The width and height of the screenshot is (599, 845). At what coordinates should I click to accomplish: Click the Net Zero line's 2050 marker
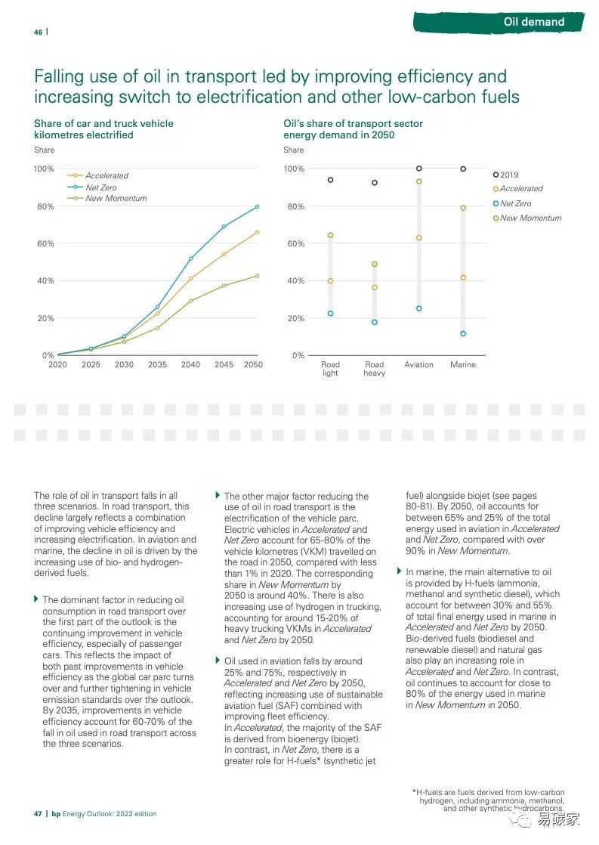click(257, 206)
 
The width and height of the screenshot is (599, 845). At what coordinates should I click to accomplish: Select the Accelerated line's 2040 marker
click(190, 278)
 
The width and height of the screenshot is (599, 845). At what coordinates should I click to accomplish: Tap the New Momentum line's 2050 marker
click(257, 276)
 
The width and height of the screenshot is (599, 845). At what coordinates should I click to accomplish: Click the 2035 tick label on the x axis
click(157, 365)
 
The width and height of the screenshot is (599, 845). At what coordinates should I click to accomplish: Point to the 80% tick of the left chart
click(45, 206)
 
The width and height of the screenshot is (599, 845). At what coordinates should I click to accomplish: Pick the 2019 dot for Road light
click(330, 180)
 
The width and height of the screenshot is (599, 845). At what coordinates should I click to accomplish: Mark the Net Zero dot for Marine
click(463, 333)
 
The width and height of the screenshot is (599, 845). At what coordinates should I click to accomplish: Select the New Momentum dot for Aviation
click(418, 181)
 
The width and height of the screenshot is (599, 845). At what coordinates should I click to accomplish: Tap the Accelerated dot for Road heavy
click(375, 287)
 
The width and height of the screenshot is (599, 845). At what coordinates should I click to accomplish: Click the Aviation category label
click(418, 365)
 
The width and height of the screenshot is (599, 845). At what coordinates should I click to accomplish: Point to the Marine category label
click(463, 365)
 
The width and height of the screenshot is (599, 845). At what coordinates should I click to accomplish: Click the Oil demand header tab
click(533, 22)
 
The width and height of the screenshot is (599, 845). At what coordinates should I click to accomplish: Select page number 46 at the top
click(38, 32)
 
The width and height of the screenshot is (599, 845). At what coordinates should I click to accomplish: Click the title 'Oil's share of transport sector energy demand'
click(353, 129)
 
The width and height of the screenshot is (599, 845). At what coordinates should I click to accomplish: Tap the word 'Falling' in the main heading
click(59, 76)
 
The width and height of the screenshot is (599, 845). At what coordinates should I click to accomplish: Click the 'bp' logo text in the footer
click(56, 814)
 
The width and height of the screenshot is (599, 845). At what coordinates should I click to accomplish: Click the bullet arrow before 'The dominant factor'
click(36, 599)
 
